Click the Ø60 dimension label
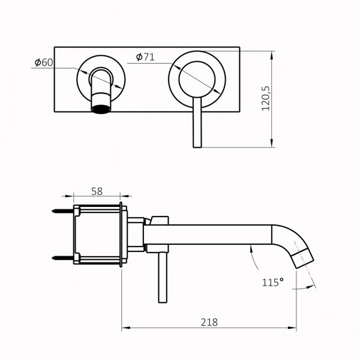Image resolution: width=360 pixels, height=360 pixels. tap(44, 61)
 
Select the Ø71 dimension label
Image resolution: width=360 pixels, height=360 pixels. tap(146, 56)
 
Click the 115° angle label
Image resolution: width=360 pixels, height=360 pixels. tap(273, 281)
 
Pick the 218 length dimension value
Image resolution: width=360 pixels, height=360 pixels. tap(209, 322)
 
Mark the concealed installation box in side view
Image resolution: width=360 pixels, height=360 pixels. tap(99, 235)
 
